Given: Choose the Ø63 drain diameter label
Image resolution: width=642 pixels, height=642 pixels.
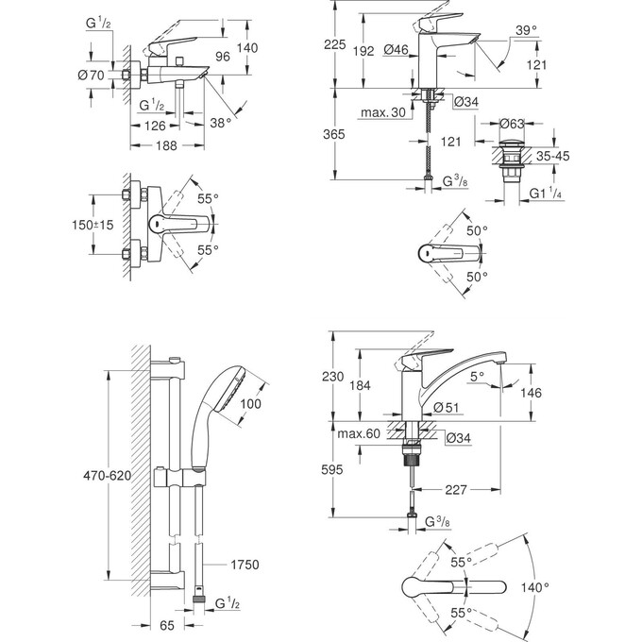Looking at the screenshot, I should click(x=513, y=123).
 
